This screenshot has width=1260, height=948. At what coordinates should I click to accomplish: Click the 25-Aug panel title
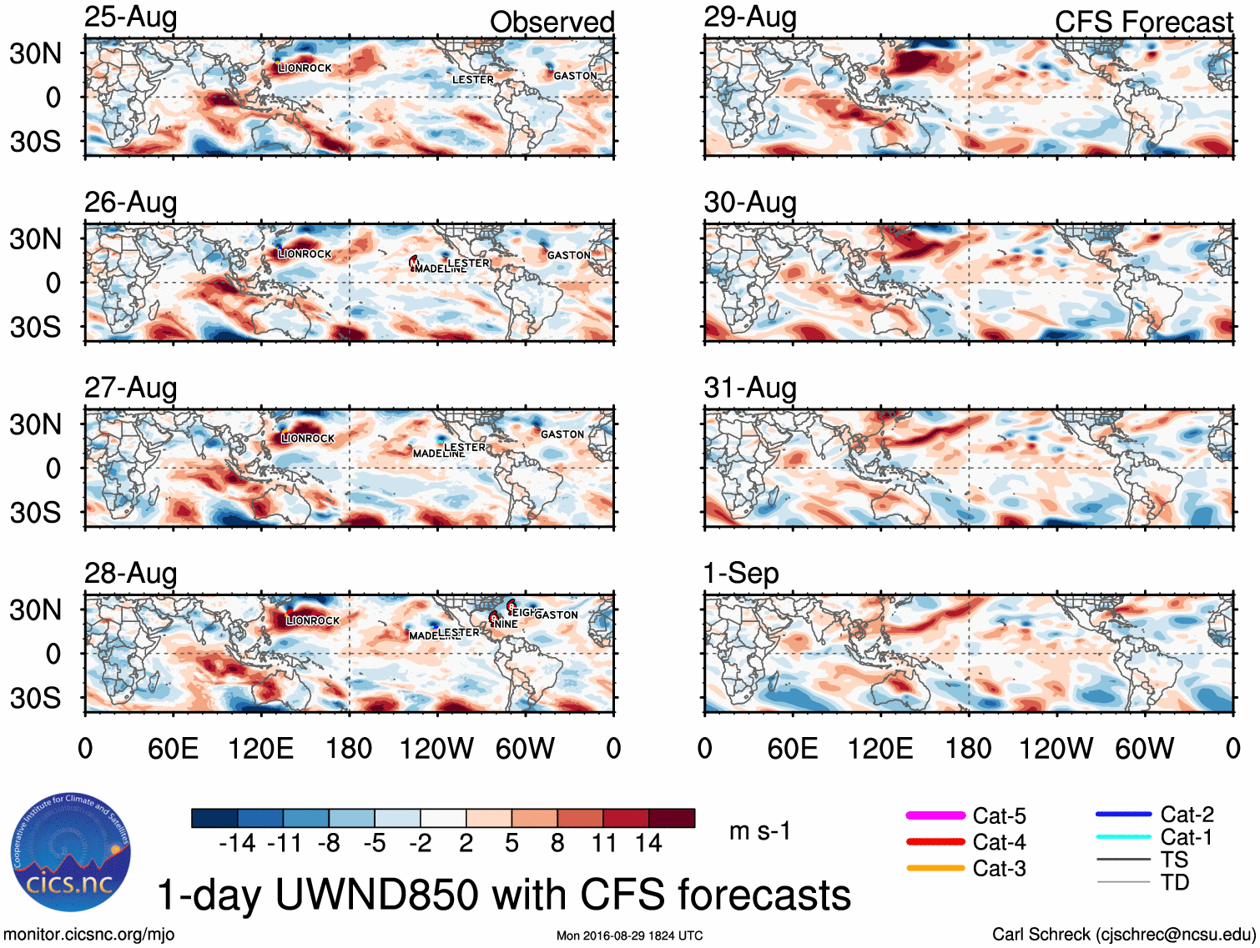(x=131, y=18)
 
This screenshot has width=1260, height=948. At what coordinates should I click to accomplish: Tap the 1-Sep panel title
(x=741, y=574)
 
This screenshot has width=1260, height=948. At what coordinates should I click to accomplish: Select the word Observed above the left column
(x=552, y=22)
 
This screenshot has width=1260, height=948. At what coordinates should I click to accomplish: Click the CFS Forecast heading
(x=1143, y=22)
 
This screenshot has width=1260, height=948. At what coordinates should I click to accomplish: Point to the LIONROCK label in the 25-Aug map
(x=305, y=68)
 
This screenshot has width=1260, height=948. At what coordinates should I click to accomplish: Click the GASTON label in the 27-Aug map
(x=562, y=434)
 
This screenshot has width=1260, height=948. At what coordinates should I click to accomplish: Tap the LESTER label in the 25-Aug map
(x=473, y=80)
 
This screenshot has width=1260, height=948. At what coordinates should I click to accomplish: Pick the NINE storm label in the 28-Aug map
(x=506, y=624)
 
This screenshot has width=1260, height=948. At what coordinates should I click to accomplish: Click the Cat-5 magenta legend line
(x=935, y=815)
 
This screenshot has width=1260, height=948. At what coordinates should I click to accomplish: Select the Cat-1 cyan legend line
(x=1123, y=836)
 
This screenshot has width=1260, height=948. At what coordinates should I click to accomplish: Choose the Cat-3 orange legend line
(x=935, y=868)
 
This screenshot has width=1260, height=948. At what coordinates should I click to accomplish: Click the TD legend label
(x=1175, y=882)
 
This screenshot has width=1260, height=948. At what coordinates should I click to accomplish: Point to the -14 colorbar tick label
(x=237, y=844)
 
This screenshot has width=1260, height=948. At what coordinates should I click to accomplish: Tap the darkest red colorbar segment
(x=672, y=818)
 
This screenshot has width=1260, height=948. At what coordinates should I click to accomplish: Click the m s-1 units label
(x=759, y=831)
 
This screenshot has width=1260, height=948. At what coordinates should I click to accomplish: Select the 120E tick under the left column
(x=261, y=749)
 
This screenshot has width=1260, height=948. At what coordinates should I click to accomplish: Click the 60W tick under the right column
(x=1144, y=749)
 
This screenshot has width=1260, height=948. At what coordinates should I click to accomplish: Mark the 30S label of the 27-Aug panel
(x=36, y=512)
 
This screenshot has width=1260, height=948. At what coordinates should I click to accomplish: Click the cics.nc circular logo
(x=71, y=852)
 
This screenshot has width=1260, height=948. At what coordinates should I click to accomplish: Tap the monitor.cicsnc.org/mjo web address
(x=89, y=935)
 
